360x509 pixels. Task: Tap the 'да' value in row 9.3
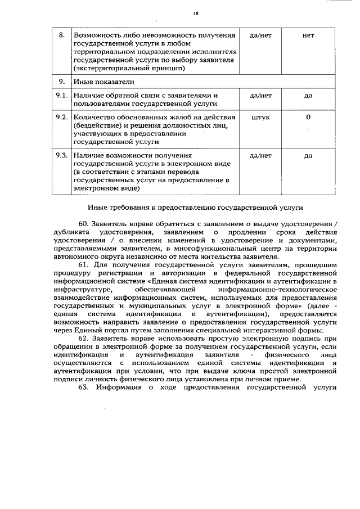(308, 155)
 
